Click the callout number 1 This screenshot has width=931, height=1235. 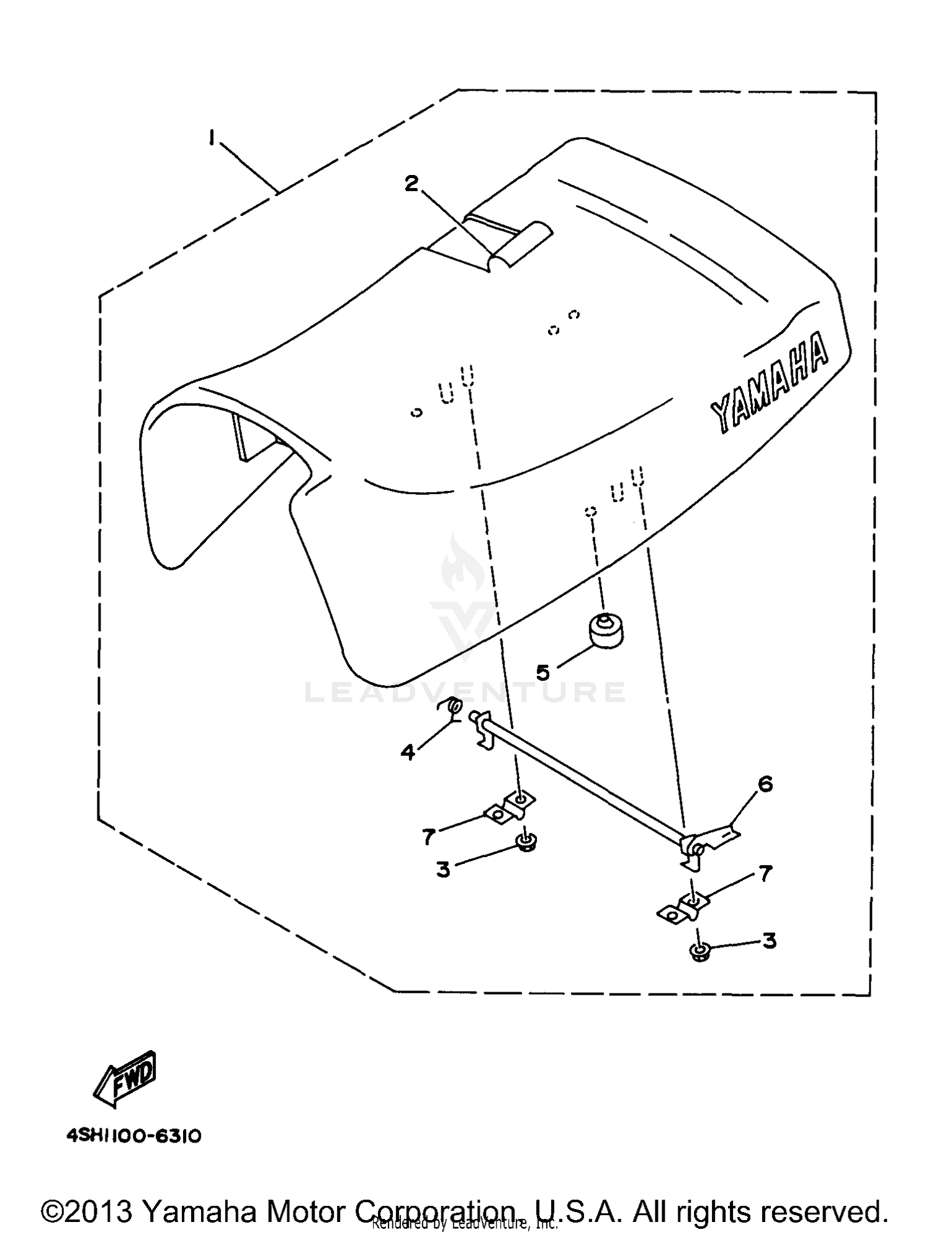click(x=212, y=137)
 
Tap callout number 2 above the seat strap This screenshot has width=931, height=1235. click(x=412, y=184)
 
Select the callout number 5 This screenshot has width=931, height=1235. click(x=543, y=671)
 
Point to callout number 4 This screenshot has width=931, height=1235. click(x=408, y=752)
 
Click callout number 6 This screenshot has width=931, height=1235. click(x=765, y=784)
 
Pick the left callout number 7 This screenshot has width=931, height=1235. click(x=428, y=837)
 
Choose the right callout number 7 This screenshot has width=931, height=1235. click(x=765, y=874)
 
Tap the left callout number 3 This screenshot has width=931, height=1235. click(x=443, y=869)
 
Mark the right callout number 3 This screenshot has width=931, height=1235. click(x=769, y=941)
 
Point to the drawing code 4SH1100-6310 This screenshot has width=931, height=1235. click(x=133, y=1136)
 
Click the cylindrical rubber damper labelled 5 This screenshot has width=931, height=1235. click(x=605, y=631)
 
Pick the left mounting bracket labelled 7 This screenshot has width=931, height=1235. click(x=511, y=807)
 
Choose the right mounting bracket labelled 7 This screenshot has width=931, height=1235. click(x=682, y=909)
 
